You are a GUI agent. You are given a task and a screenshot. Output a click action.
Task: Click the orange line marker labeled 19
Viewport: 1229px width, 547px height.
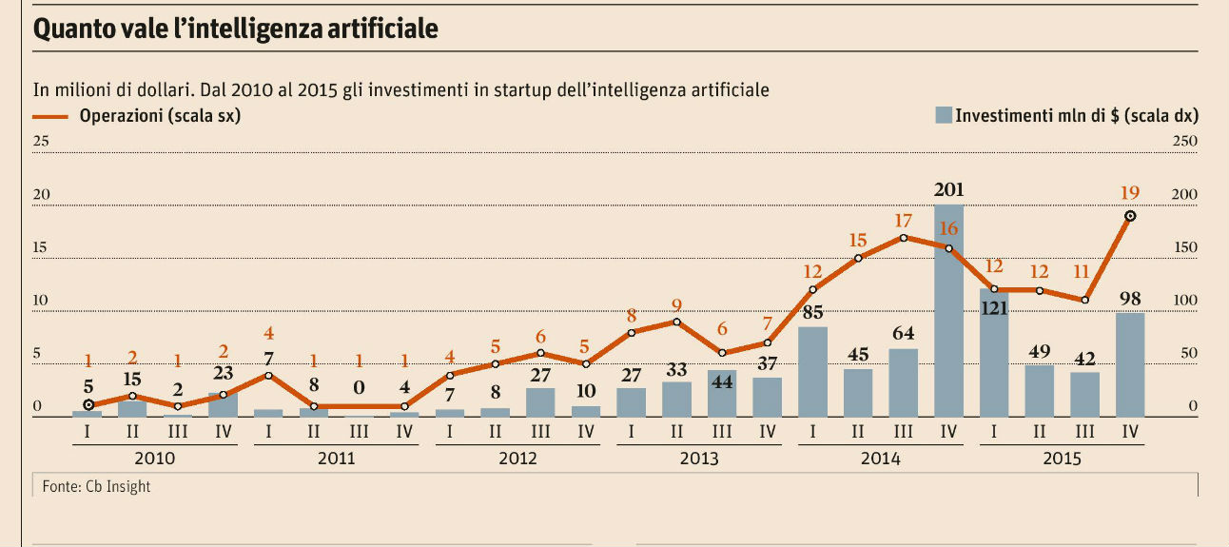[x=1130, y=216]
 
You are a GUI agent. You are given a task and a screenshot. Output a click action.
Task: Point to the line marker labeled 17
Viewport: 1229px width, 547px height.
[x=904, y=237]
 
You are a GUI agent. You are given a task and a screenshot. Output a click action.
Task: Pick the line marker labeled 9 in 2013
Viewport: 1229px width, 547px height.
[x=676, y=322]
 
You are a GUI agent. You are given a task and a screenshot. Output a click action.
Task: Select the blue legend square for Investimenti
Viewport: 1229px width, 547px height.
[x=943, y=116]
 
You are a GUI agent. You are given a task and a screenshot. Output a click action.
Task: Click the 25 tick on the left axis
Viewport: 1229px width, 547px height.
[x=41, y=141]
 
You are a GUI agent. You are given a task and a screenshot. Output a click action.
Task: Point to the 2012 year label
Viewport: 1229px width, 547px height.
[x=517, y=458]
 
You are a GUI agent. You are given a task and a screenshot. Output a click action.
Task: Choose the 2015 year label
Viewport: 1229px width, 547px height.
[x=1062, y=458]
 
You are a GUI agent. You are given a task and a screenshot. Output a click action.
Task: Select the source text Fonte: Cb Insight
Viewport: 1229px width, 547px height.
[x=96, y=486]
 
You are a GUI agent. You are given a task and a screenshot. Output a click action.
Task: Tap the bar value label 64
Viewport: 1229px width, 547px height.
[x=903, y=334]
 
